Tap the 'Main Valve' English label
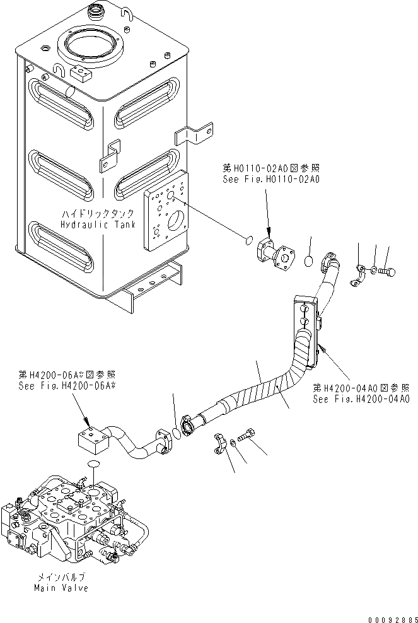[62, 588]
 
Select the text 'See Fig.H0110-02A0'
[272, 179]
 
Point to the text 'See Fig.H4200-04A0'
[361, 399]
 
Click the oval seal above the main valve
[93, 465]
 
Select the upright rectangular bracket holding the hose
[306, 332]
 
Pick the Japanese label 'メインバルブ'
[62, 576]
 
